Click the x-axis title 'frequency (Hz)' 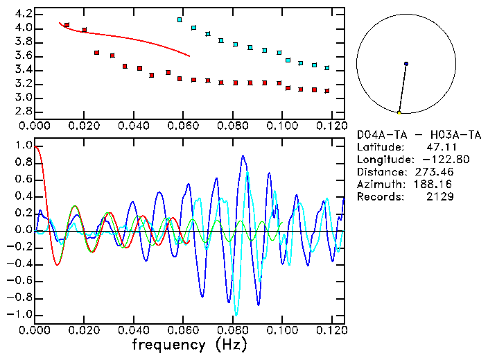point(189,344)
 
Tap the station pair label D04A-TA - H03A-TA point(419,135)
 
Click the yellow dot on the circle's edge point(399,112)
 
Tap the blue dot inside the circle point(406,64)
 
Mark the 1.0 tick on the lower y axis point(22,146)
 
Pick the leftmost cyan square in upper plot point(180,20)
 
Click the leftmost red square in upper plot point(67,25)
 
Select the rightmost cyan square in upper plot point(326,68)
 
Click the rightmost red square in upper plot point(326,91)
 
